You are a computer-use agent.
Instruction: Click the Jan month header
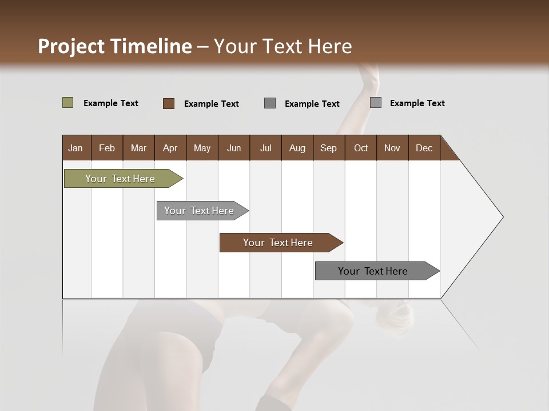coord(75,148)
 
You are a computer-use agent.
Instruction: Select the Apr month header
coord(170,148)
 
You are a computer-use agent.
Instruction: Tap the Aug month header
coord(297,148)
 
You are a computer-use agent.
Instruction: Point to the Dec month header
coord(424,148)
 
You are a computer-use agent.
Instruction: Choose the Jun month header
coord(233,148)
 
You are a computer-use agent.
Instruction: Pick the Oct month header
coord(360,148)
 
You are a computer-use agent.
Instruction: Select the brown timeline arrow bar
coord(279,243)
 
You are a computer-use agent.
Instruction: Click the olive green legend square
coord(67,103)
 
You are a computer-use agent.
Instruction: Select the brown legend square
coord(168,103)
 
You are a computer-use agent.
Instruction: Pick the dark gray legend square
coord(270,103)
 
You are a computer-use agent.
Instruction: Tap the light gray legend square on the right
coord(376,103)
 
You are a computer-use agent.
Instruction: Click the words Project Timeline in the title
coord(114,46)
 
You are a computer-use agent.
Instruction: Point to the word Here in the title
coord(330,46)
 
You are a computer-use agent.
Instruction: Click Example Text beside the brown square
coord(211,104)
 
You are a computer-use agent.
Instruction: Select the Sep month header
coord(328,148)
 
